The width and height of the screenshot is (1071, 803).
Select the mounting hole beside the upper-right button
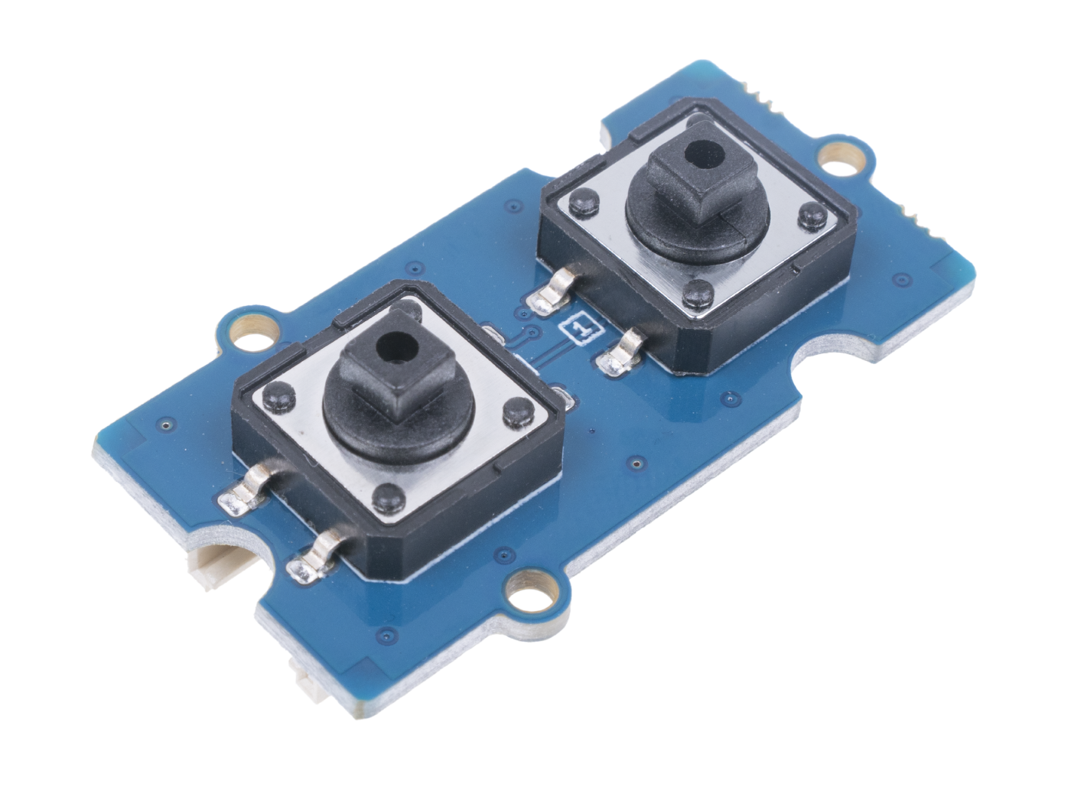click(x=836, y=164)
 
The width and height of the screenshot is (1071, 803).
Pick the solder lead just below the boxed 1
click(x=622, y=354)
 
